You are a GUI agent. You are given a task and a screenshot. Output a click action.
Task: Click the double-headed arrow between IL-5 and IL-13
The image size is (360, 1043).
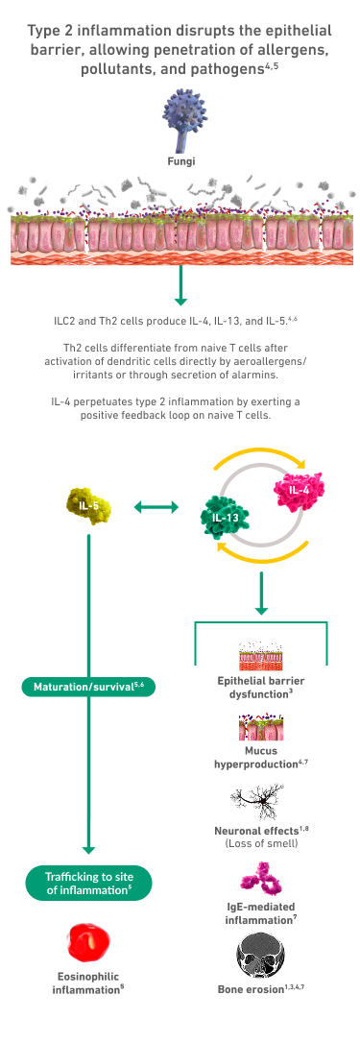coord(156,508)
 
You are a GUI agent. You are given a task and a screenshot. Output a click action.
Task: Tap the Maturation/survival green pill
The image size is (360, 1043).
coord(88,686)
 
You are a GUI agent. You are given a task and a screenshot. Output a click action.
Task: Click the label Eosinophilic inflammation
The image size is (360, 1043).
coord(87,983)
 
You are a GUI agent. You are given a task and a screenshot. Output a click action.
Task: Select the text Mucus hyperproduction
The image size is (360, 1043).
coord(260,758)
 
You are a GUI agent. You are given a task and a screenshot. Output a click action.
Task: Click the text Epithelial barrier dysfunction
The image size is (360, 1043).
coord(260,687)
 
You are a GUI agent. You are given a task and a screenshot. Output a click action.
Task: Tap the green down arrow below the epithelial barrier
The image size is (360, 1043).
coord(180,284)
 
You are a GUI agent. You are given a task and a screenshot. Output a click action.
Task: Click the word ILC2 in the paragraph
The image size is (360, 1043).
coord(65,321)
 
